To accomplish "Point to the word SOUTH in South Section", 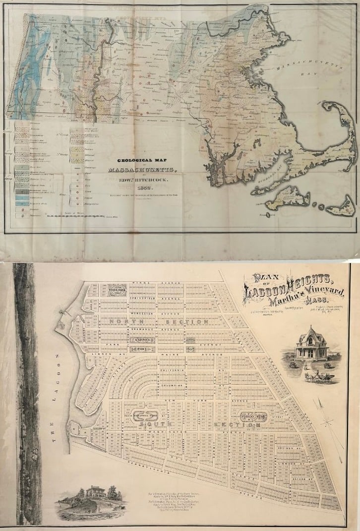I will pyautogui.click(x=163, y=425).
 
